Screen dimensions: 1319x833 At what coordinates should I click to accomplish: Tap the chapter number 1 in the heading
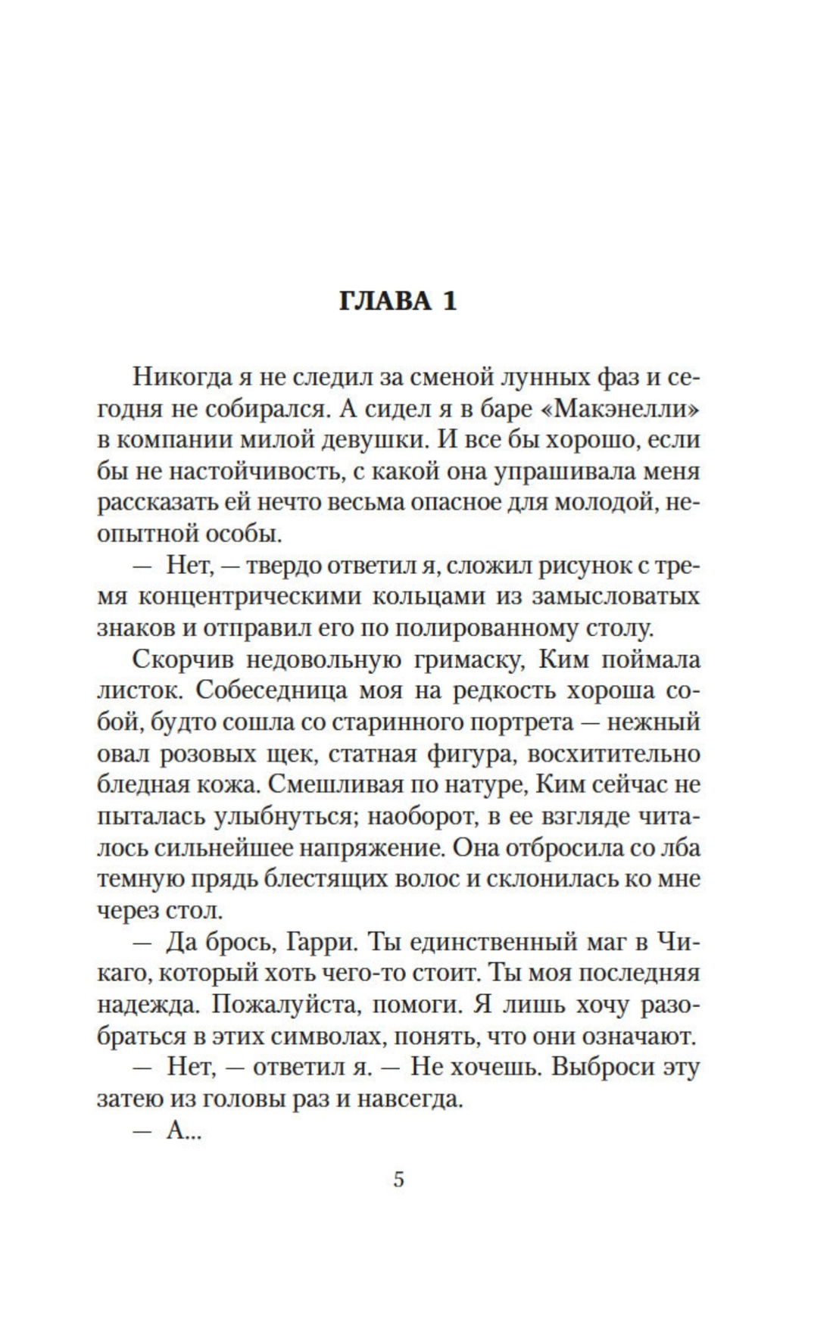[x=449, y=301]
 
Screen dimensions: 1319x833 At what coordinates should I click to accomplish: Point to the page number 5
[x=399, y=1179]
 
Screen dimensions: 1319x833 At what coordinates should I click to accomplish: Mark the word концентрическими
[x=249, y=597]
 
